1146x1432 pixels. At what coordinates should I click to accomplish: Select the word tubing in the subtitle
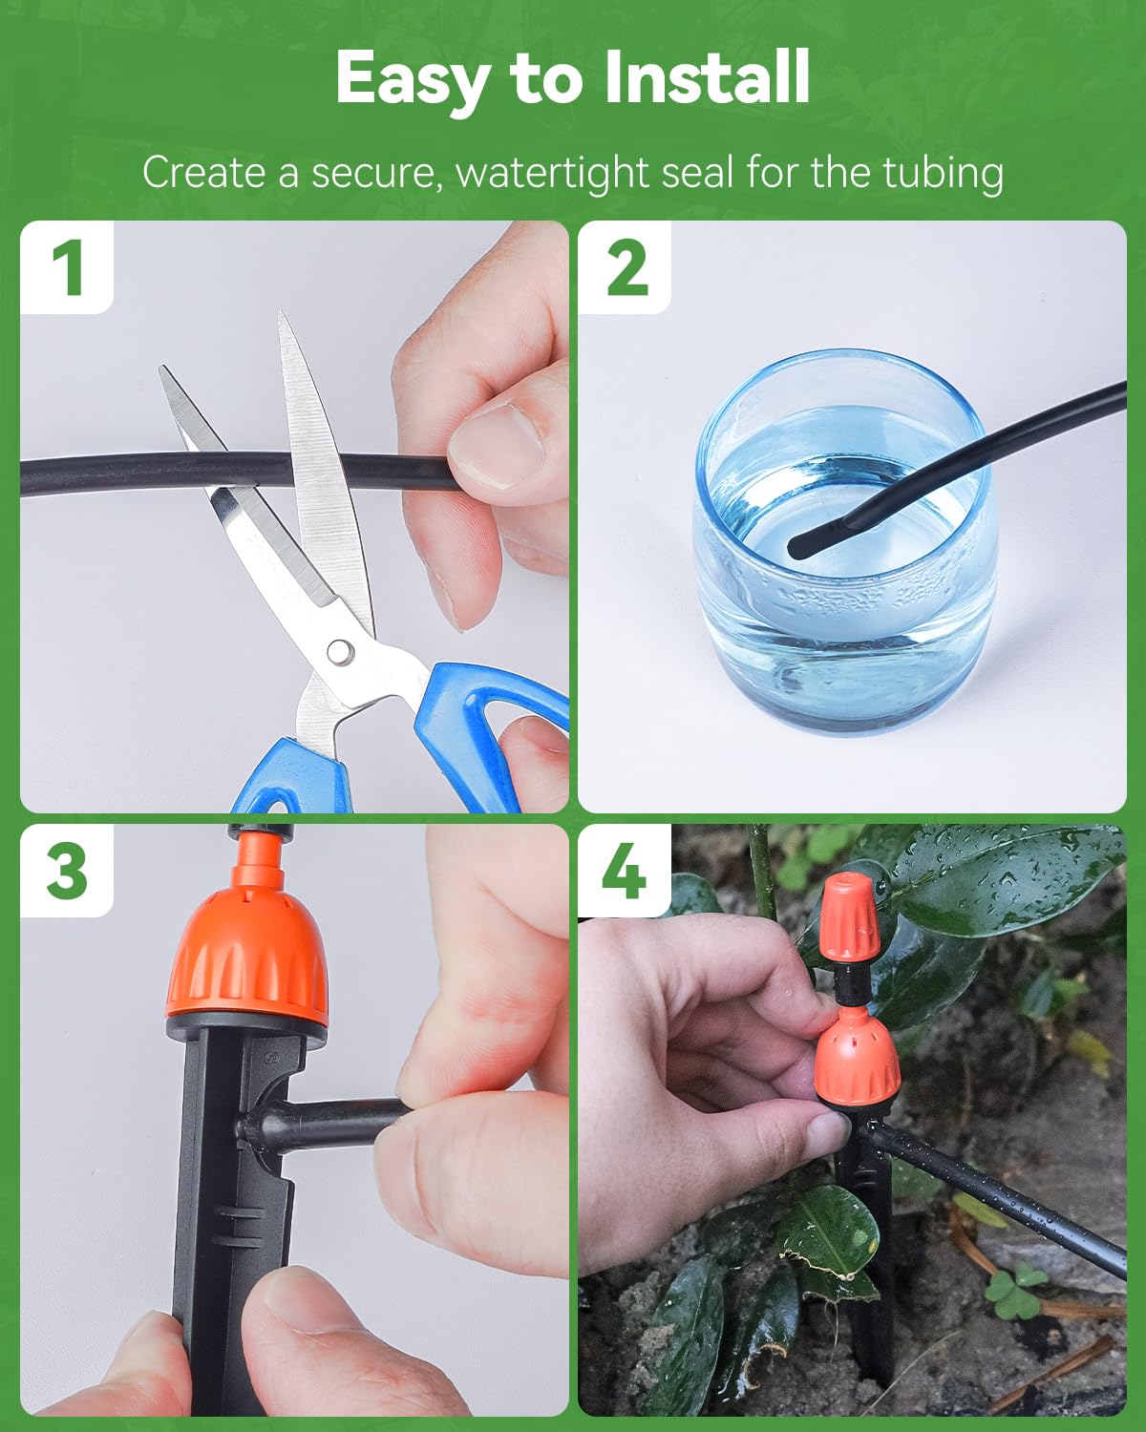pos(943,174)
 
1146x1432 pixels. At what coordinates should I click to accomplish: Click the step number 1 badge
pos(67,267)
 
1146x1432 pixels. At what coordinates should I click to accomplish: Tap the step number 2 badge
pos(626,267)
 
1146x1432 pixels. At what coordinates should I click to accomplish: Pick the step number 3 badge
pos(67,871)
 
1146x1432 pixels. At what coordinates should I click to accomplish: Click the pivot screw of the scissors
pos(338,651)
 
